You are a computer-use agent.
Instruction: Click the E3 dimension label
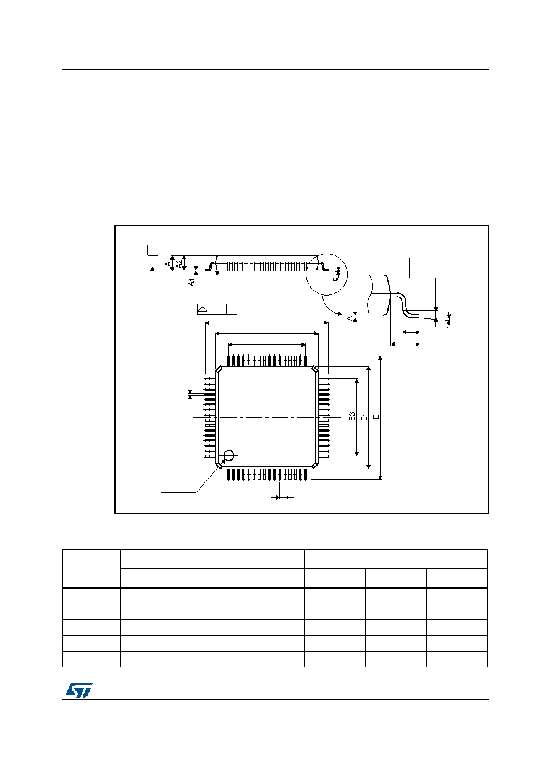[x=351, y=416]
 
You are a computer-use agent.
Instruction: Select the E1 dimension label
[x=364, y=416]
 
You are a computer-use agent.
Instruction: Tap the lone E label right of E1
[x=376, y=416]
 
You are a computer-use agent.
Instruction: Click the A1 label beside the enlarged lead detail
[x=350, y=317]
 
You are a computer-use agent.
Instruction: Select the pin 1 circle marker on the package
[x=229, y=455]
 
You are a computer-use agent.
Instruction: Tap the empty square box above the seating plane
[x=153, y=250]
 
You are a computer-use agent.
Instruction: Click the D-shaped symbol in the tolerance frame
[x=203, y=309]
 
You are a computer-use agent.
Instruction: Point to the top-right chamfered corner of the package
[x=314, y=369]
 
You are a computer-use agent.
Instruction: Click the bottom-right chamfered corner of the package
[x=314, y=465]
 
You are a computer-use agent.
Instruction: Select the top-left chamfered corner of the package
[x=219, y=369]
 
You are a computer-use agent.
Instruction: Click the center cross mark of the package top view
[x=267, y=417]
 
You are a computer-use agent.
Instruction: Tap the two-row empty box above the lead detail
[x=440, y=268]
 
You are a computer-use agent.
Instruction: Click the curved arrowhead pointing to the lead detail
[x=340, y=314]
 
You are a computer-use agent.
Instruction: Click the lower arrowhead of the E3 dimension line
[x=356, y=454]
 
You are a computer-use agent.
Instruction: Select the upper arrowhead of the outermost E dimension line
[x=381, y=358]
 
